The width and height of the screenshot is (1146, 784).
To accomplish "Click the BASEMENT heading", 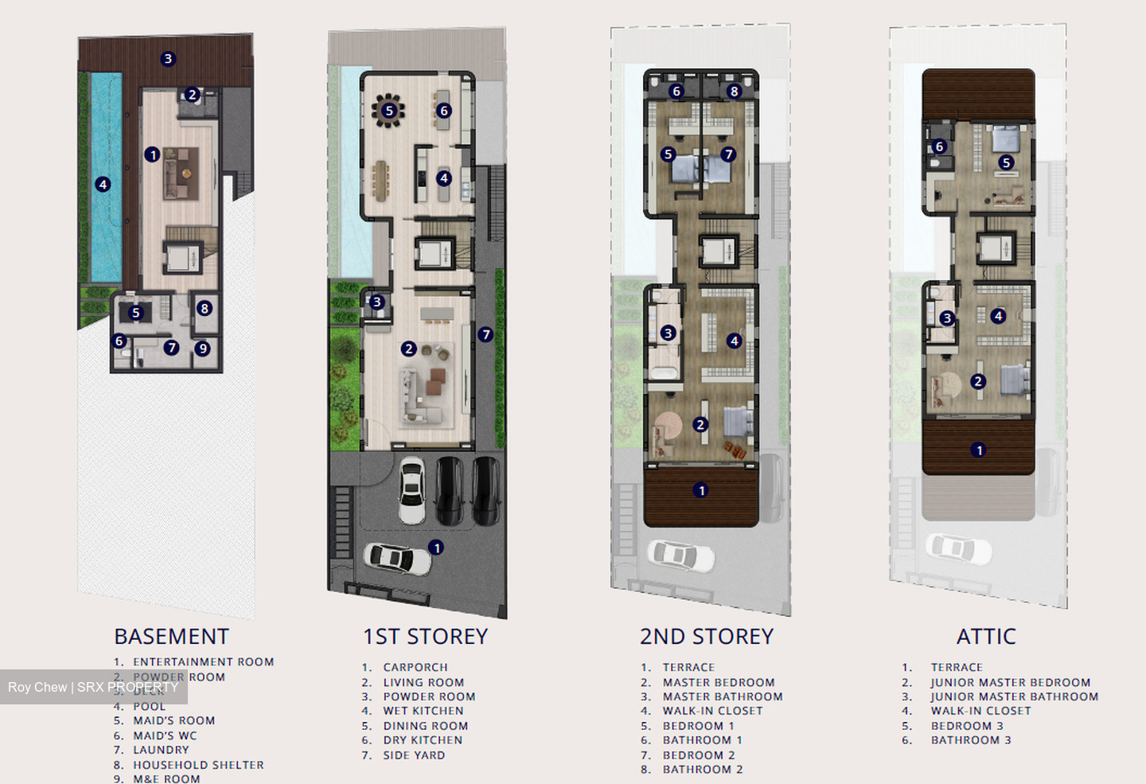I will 171,637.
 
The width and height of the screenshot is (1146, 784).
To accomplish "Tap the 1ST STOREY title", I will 425,637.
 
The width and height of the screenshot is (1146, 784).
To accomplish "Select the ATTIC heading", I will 986,637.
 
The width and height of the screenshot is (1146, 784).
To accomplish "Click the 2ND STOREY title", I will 706,637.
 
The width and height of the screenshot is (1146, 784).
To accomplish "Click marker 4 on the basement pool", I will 103,185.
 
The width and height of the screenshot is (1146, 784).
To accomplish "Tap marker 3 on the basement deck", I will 167,58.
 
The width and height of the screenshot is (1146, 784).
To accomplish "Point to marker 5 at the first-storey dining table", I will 389,111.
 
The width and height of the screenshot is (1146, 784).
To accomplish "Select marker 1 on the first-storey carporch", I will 436,548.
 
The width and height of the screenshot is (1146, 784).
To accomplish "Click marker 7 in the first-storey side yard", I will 485,335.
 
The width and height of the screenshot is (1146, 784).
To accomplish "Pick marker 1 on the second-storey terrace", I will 700,490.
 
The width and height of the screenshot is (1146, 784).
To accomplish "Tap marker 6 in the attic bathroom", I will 939,146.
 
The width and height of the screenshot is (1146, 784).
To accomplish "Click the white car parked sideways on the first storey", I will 398,557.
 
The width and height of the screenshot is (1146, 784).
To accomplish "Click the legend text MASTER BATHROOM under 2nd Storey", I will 723,696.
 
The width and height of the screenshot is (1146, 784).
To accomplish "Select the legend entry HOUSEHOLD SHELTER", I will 198,765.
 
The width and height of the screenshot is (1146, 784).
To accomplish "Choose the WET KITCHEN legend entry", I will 423,711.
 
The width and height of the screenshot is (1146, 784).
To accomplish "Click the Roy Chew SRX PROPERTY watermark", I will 93,687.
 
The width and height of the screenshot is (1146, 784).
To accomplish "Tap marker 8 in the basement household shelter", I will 205,308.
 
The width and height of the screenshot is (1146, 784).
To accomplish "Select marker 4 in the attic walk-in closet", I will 998,316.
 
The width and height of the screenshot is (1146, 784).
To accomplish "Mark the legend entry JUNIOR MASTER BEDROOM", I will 1010,682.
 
